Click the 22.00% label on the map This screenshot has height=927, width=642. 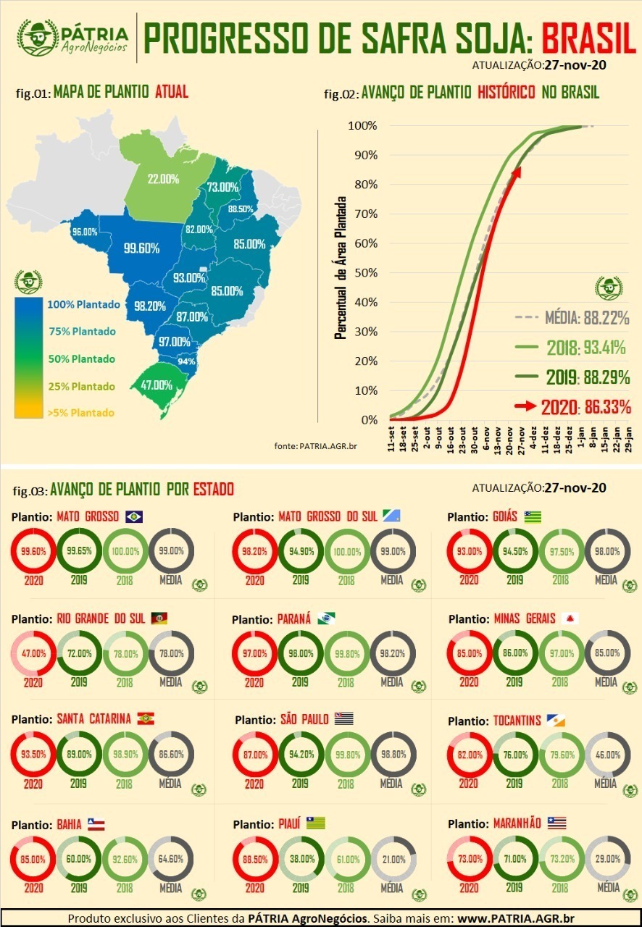point(164,179)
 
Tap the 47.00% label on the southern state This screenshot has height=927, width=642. point(157,385)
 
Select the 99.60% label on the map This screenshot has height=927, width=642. point(141,248)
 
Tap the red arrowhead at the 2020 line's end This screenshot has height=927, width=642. point(517,171)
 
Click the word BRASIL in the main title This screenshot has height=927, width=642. point(588,38)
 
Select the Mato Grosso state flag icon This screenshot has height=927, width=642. point(134,516)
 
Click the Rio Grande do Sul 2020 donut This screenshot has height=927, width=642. point(33,653)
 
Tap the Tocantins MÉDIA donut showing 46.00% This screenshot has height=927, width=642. point(606,755)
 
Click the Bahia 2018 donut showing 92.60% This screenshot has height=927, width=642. point(125,860)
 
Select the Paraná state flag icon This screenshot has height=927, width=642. point(326,618)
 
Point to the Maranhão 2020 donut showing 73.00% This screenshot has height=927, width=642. point(469,858)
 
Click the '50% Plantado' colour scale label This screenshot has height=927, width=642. point(82,359)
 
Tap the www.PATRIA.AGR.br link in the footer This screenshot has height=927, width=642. point(515,918)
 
